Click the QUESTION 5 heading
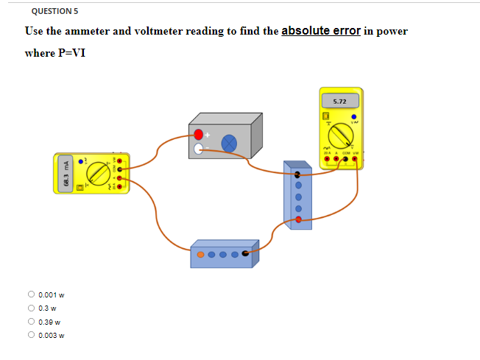pyautogui.click(x=55, y=11)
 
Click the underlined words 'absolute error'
pyautogui.click(x=321, y=31)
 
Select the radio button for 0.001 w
pyautogui.click(x=31, y=294)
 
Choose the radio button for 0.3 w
pyautogui.click(x=31, y=308)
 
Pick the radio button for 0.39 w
pyautogui.click(x=31, y=321)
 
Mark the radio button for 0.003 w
pyautogui.click(x=31, y=335)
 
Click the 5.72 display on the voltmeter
pyautogui.click(x=339, y=101)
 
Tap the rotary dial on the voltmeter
pyautogui.click(x=340, y=136)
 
